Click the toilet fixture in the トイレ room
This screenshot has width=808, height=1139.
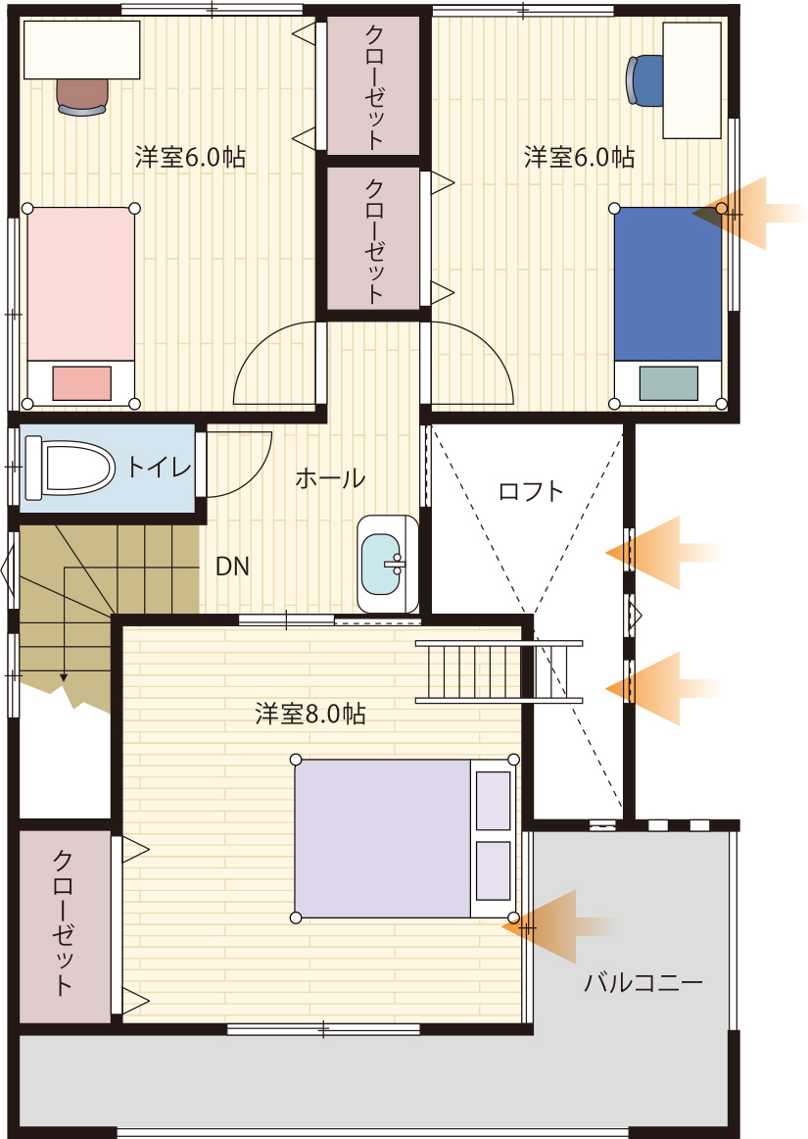70,468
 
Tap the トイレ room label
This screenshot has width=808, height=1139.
159,468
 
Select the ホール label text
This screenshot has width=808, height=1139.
330,478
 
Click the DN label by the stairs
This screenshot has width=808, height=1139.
232,567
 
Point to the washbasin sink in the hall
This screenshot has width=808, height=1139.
388,565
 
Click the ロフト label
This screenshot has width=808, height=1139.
531,492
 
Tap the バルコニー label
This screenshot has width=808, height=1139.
643,983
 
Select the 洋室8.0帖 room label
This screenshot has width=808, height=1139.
310,714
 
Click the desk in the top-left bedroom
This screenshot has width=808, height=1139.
82,49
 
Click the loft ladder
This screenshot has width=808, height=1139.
499,671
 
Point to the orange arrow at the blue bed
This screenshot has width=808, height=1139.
747,214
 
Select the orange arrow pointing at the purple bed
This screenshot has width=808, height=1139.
559,927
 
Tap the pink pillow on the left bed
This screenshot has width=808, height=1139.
81,383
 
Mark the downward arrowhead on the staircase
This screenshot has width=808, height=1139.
64,677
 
